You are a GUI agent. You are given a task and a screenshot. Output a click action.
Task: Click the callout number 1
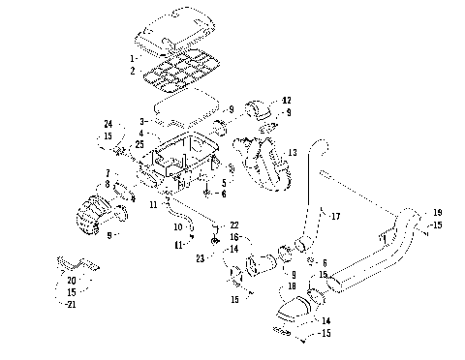pos(134,59)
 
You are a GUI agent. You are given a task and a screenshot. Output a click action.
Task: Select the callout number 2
pos(134,71)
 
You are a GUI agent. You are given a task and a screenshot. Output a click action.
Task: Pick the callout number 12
pos(287,101)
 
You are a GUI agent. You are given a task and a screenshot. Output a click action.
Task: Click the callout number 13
pos(292,153)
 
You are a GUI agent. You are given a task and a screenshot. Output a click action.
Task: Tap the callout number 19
pos(438,212)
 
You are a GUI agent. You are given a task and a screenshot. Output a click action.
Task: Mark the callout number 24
pos(109,124)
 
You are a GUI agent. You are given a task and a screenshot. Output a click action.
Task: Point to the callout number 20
pos(72,281)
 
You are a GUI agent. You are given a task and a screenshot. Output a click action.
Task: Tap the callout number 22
pos(234,225)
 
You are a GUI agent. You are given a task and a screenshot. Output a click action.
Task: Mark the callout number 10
pos(177,226)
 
